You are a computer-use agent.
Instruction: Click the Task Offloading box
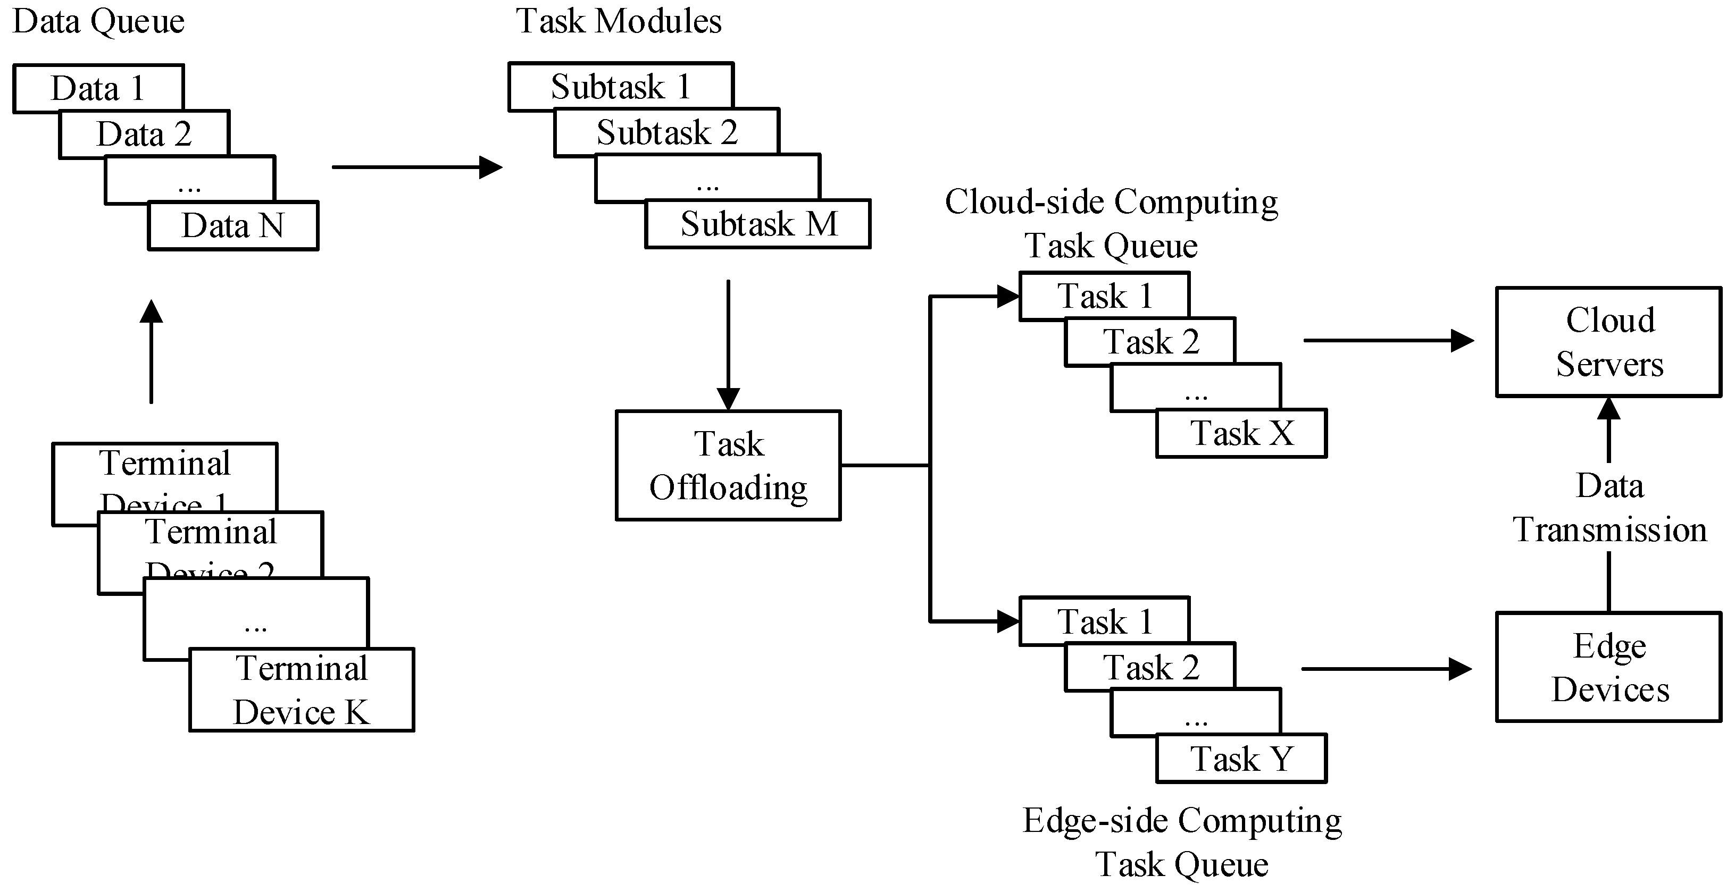coord(728,465)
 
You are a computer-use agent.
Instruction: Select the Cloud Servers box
coord(1608,342)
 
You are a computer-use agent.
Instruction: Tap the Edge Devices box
coord(1608,667)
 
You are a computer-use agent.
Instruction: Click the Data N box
coord(233,225)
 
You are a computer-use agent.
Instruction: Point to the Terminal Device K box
coord(301,690)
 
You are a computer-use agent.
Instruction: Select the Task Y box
coord(1241,759)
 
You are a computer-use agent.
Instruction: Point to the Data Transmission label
coord(1609,508)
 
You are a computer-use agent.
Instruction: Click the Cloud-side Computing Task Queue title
coord(1111,223)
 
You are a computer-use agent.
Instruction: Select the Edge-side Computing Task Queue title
coord(1182,841)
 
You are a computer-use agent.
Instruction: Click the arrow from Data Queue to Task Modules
coord(417,167)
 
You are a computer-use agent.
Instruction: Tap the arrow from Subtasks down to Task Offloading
coord(728,343)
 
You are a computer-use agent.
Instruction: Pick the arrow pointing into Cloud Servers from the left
coord(1388,341)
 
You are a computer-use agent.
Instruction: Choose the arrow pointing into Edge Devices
coord(1386,669)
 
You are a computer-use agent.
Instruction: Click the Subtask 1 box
coord(620,86)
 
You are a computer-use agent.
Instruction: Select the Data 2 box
coord(144,134)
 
